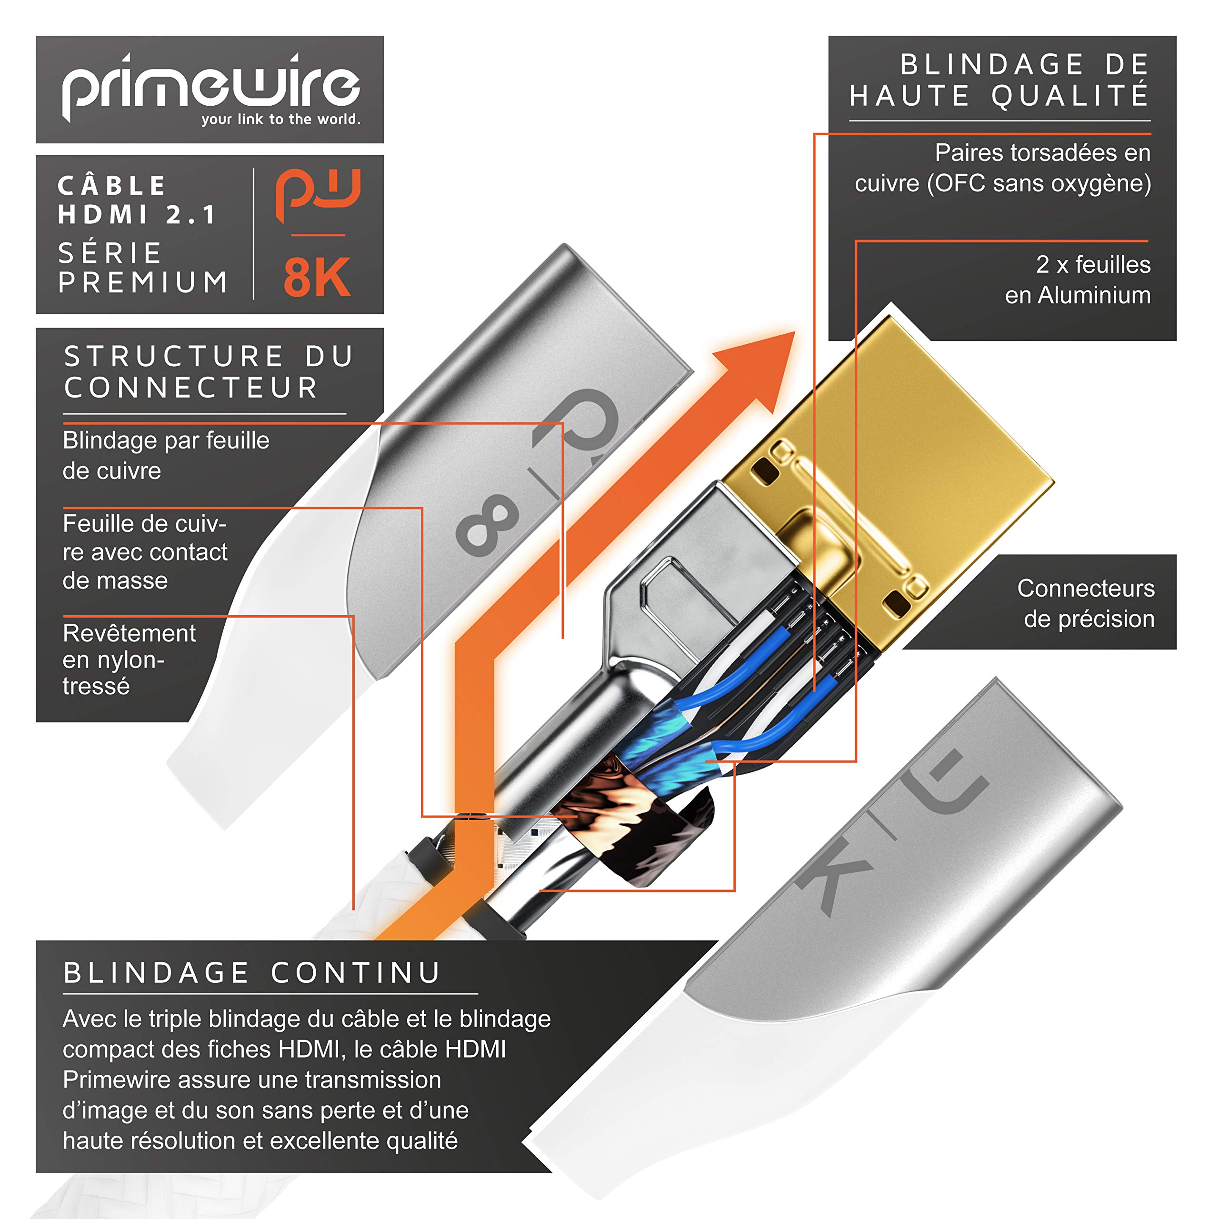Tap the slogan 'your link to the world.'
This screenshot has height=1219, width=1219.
(281, 119)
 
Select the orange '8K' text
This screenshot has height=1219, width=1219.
(317, 278)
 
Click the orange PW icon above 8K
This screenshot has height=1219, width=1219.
(318, 195)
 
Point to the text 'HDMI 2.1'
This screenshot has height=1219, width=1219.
(138, 215)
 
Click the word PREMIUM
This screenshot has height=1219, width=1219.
(143, 282)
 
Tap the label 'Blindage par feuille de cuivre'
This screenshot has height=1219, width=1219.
(165, 455)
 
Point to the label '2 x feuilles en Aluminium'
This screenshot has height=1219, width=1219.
(1077, 280)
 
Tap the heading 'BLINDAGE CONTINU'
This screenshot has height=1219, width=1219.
(252, 972)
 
